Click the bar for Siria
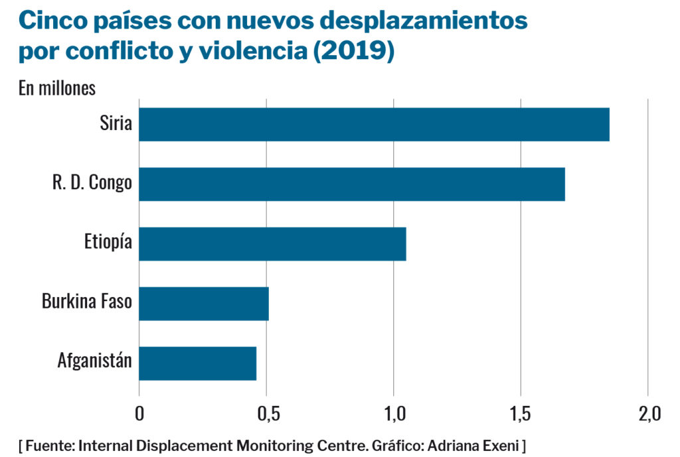click(374, 125)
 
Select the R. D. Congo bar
click(352, 184)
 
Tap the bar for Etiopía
click(272, 243)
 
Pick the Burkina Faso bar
click(204, 303)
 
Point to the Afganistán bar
click(197, 363)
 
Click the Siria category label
click(116, 123)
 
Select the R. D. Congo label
click(92, 183)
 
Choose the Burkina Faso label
click(87, 302)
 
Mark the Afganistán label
click(95, 362)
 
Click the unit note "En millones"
click(57, 89)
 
